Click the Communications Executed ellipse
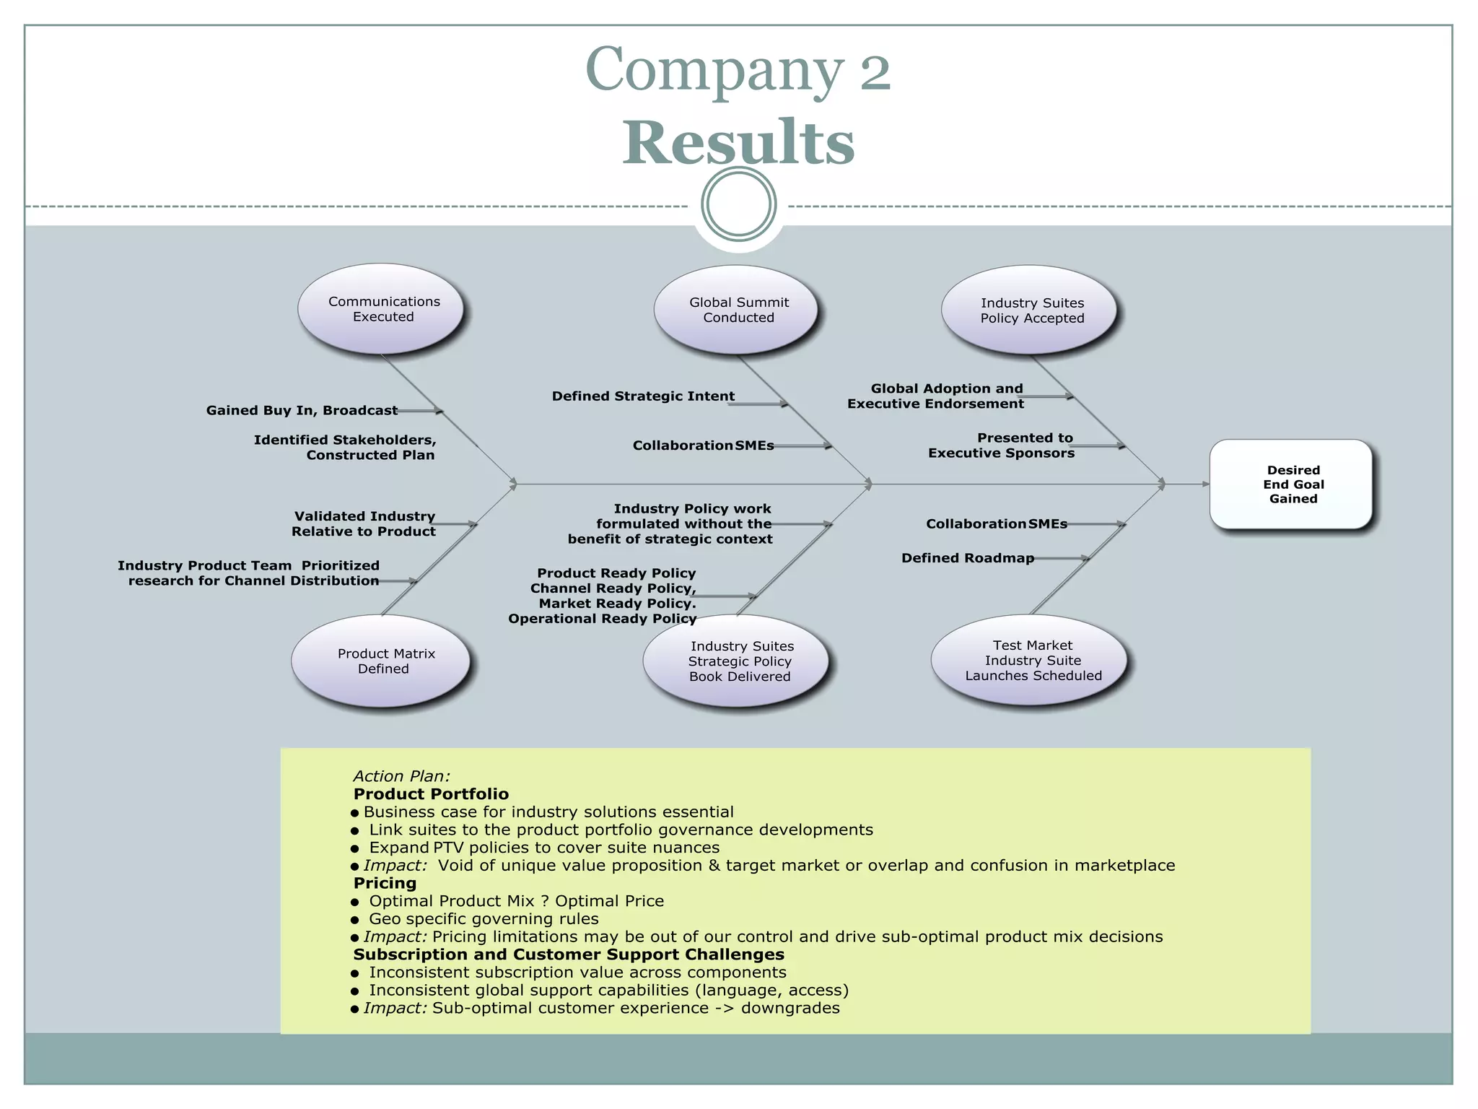[382, 309]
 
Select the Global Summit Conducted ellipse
[737, 310]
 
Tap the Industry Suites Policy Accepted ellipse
[1031, 310]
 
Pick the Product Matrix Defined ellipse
[382, 661]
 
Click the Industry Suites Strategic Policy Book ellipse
[737, 661]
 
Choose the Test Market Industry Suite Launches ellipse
[1031, 660]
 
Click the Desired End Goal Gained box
[1292, 484]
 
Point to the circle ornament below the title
[738, 204]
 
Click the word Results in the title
[738, 142]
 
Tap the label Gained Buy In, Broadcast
[302, 410]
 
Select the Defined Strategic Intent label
[643, 396]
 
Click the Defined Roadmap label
[967, 557]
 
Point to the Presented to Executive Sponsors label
[1002, 445]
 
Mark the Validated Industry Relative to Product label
[364, 523]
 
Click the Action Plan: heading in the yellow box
[401, 776]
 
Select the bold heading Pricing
[385, 883]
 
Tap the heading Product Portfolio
[431, 794]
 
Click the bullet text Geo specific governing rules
[484, 918]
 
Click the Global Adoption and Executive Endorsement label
[936, 396]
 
